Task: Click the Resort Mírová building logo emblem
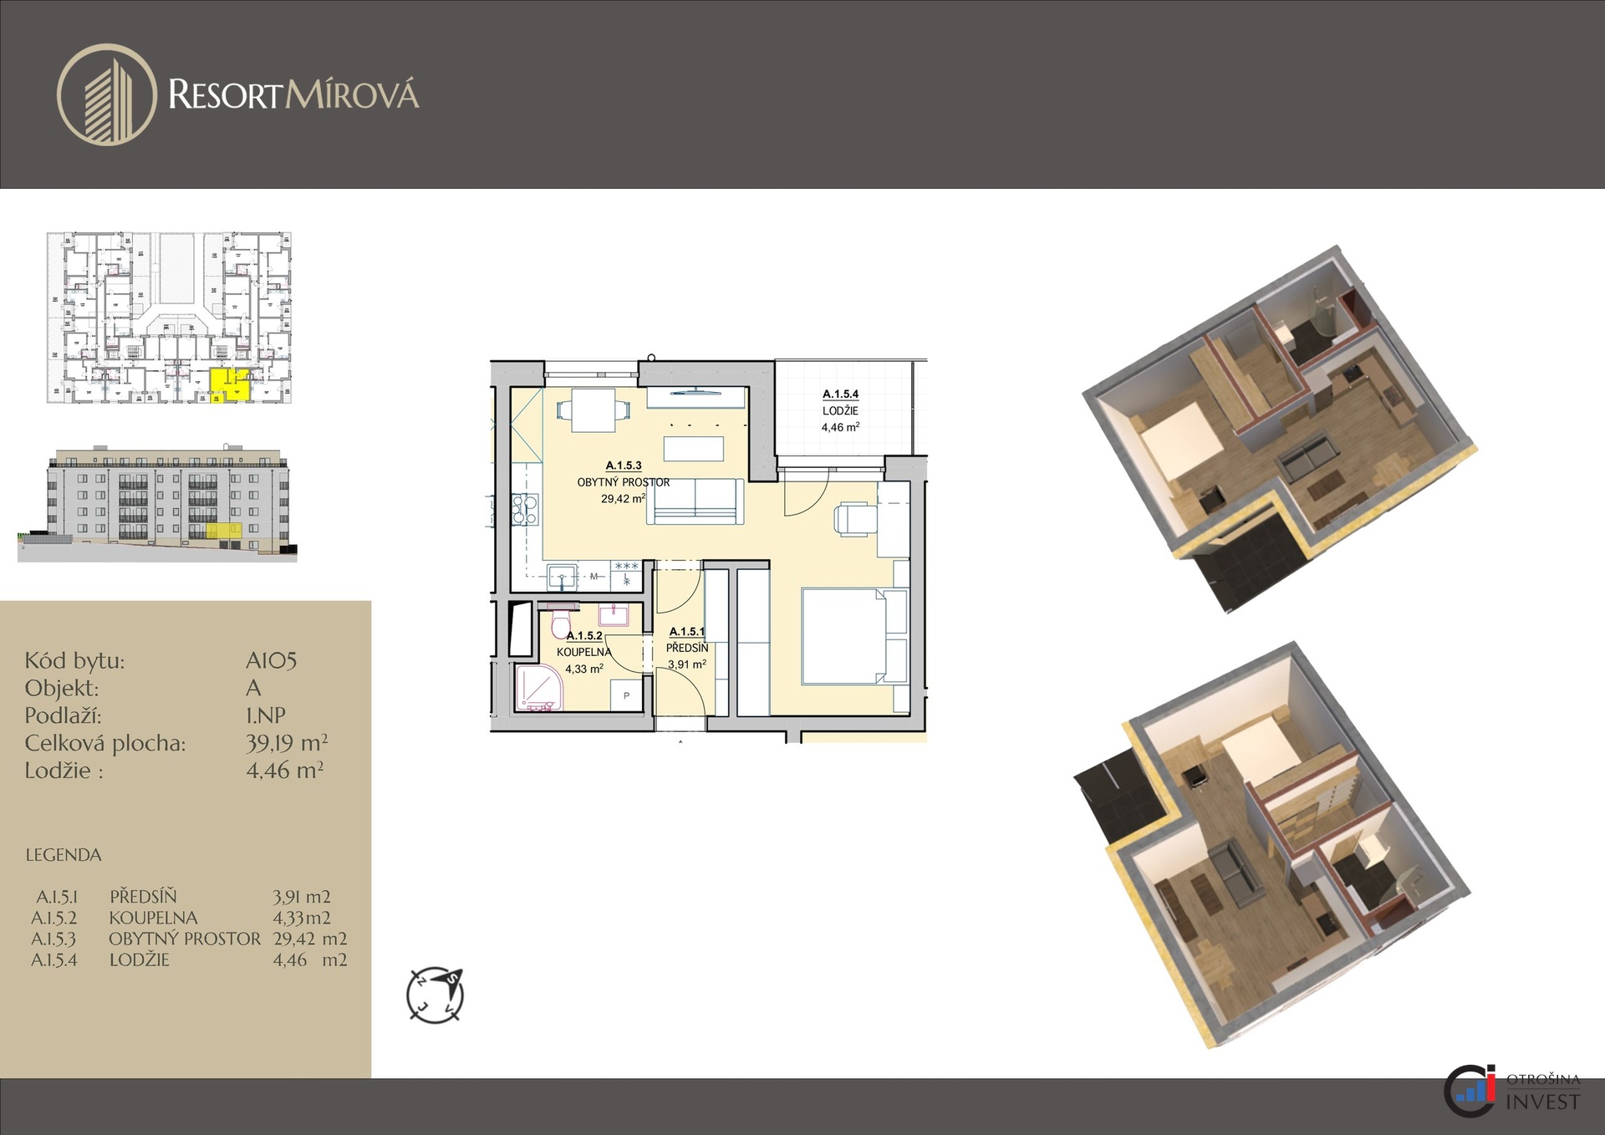[x=107, y=95]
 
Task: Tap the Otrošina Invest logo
[x=1512, y=1090]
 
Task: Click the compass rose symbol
[x=435, y=995]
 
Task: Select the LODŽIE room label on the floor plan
[x=840, y=410]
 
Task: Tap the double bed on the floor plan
[x=854, y=637]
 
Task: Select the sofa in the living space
[x=695, y=501]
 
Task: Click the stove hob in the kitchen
[x=525, y=509]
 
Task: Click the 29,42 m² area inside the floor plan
[x=623, y=499]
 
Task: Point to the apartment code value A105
[x=272, y=660]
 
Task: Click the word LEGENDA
[x=64, y=855]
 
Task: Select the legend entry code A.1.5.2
[x=54, y=918]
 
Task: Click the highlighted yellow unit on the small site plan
[x=229, y=384]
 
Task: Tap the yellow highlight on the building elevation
[x=224, y=530]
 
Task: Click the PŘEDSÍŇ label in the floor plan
[x=687, y=648]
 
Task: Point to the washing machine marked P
[x=626, y=695]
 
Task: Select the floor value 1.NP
[x=266, y=715]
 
